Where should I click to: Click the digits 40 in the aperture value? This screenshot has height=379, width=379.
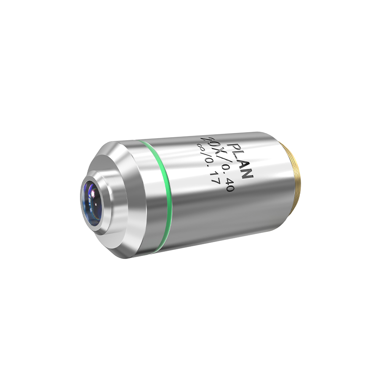(x=230, y=185)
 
